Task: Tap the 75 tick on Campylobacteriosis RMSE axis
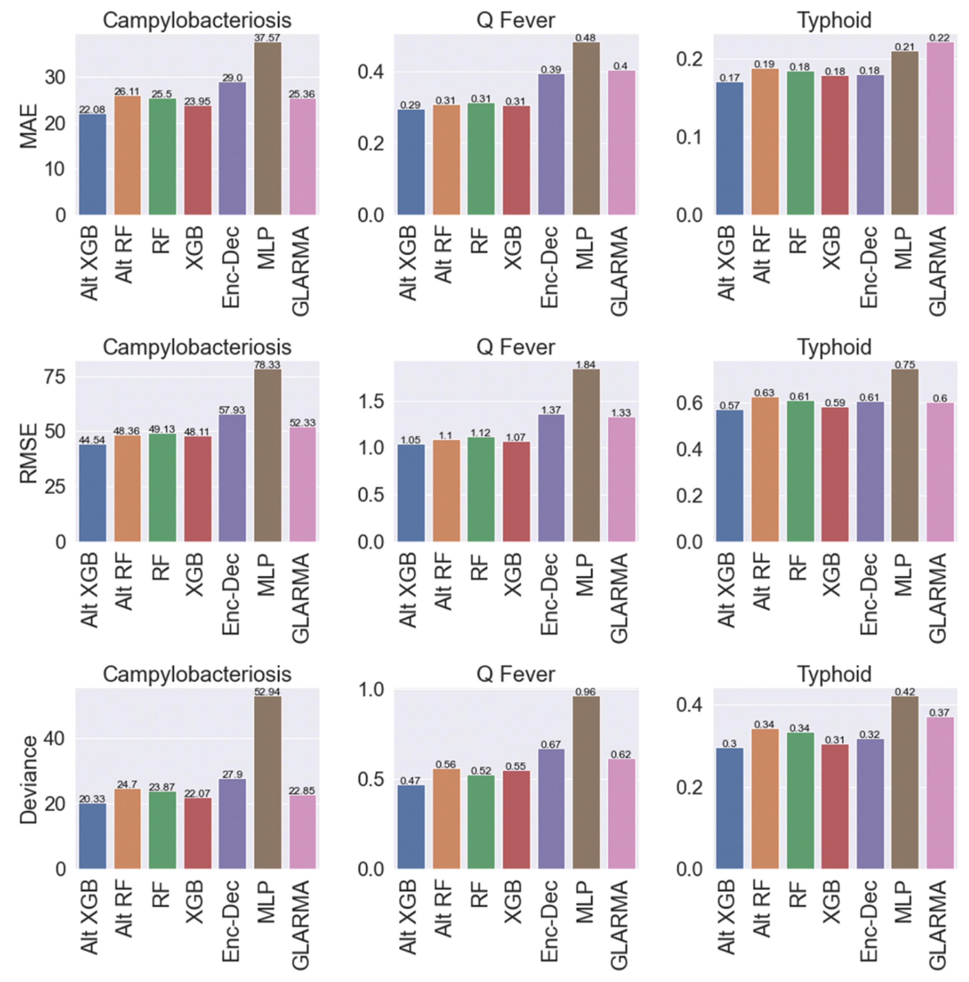point(56,377)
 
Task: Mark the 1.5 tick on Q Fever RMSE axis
point(372,402)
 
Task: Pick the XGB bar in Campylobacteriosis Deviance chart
point(198,834)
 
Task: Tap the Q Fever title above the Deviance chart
point(515,674)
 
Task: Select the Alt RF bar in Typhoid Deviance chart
point(764,799)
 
